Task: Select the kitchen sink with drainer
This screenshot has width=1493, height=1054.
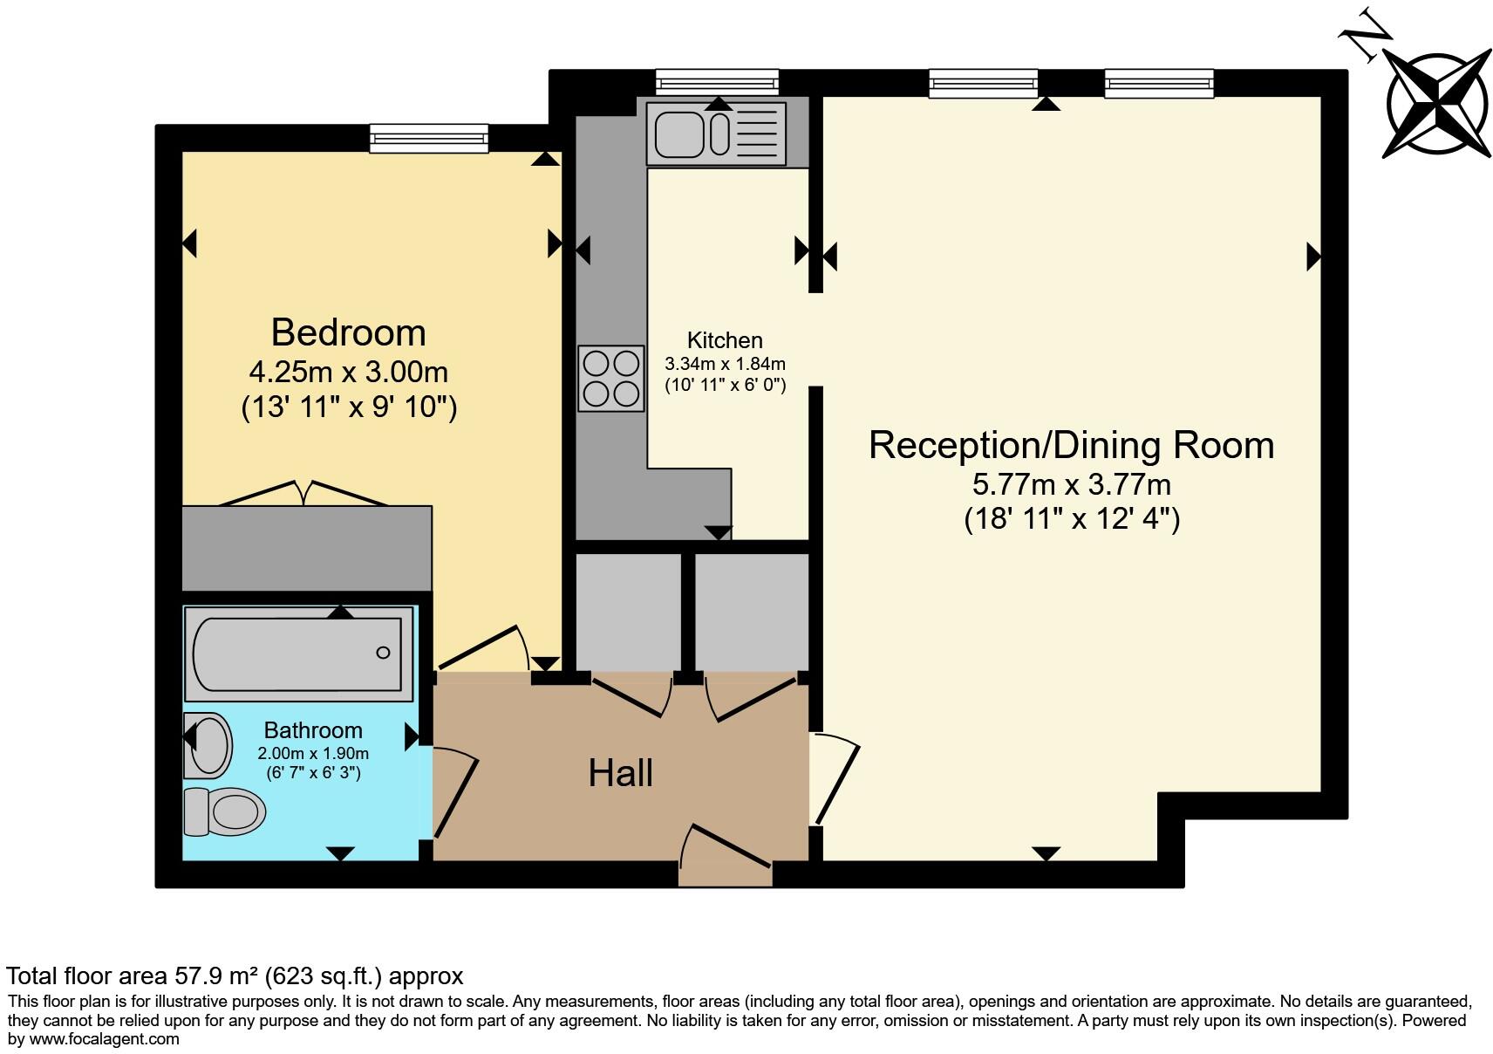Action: click(x=716, y=133)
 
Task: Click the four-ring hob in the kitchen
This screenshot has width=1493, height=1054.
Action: click(x=610, y=379)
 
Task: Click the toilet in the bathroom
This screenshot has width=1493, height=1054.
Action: click(x=225, y=811)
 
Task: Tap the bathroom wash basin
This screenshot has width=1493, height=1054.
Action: click(x=208, y=745)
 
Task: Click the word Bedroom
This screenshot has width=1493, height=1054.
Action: click(x=348, y=332)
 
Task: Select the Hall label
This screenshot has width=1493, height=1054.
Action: click(x=620, y=773)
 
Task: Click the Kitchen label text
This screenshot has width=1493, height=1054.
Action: click(x=725, y=340)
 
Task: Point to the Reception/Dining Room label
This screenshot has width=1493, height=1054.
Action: click(x=1071, y=445)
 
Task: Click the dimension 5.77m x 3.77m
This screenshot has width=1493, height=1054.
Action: click(x=1071, y=483)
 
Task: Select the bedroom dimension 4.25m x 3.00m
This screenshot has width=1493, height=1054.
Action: click(x=348, y=372)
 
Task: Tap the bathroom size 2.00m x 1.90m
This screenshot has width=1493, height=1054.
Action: click(x=313, y=753)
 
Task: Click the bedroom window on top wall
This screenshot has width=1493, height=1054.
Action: click(x=428, y=138)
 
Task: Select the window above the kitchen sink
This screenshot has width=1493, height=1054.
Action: click(x=717, y=82)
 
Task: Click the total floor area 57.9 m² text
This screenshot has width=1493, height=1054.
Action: click(x=235, y=975)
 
